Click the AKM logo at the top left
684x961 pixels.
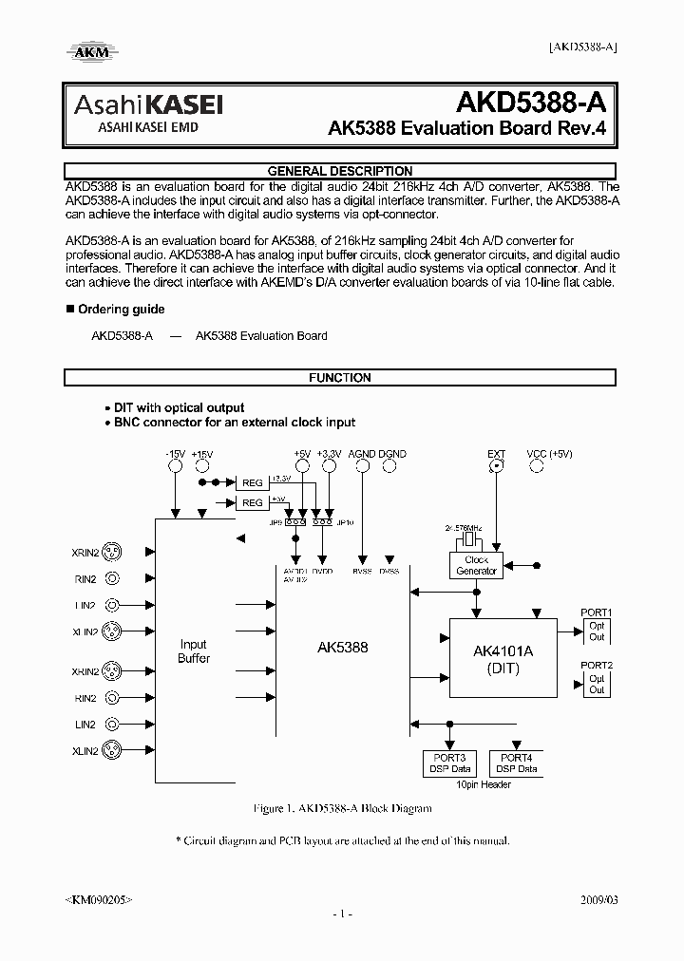89,51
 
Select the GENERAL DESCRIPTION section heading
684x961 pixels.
339,171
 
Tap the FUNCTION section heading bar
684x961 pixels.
339,378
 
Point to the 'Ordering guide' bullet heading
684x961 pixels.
121,310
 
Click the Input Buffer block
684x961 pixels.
194,651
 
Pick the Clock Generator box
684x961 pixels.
477,566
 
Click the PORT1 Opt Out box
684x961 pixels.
597,631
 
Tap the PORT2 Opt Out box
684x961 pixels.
597,684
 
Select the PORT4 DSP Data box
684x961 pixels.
516,763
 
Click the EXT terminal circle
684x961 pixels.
496,466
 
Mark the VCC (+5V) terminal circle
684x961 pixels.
548,466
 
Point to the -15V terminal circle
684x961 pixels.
175,466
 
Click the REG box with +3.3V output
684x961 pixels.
252,482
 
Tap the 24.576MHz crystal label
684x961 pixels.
465,526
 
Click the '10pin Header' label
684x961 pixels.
484,784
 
